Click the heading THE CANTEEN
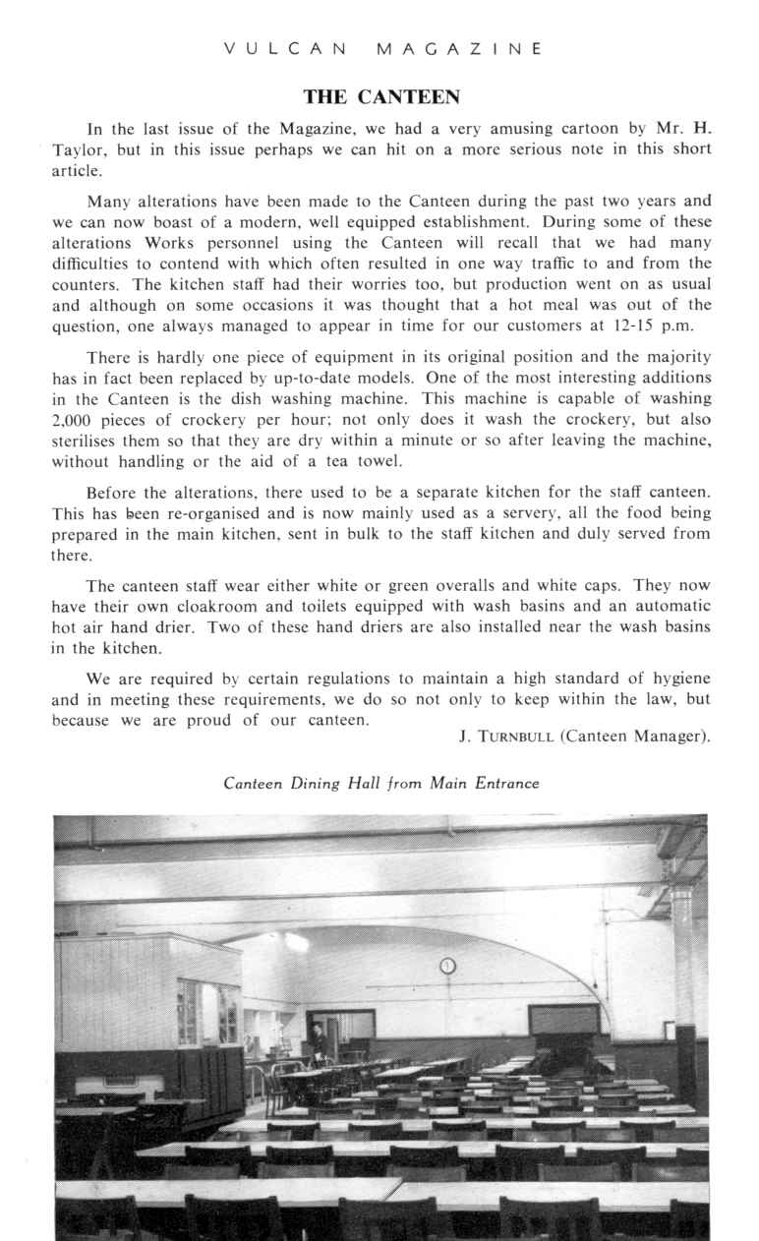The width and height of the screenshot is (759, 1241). [380, 97]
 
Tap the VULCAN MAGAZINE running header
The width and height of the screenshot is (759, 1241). [380, 47]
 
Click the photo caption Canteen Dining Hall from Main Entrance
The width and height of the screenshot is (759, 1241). [381, 784]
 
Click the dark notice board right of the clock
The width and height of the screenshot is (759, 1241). [562, 1020]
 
